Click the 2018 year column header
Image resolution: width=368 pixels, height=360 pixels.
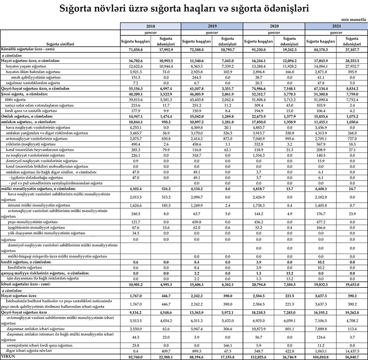pos(151,27)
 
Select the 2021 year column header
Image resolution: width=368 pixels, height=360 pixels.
pos(336,27)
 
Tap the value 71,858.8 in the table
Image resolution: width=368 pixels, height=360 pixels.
pos(135,49)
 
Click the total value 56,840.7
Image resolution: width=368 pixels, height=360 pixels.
pos(351,357)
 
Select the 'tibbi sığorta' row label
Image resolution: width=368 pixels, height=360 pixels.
pos(15,100)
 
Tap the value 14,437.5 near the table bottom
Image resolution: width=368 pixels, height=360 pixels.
pos(351,351)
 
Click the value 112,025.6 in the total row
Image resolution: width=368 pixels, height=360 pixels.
pos(258,357)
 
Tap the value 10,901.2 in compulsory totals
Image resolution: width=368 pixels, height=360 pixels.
pos(135,284)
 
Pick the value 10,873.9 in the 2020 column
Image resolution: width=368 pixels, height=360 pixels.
pos(259,329)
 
